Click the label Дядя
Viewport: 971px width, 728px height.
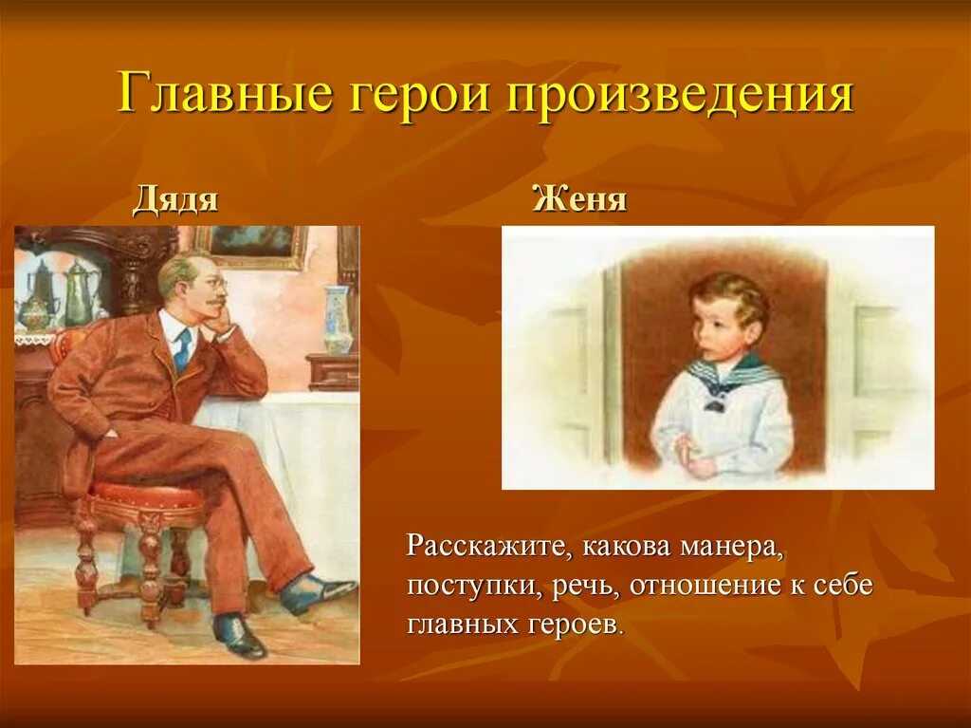pos(175,200)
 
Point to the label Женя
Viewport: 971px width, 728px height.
pos(579,199)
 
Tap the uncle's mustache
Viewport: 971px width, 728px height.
pos(213,303)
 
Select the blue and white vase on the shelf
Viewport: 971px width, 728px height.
pos(339,319)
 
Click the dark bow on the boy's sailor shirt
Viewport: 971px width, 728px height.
pos(715,405)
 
